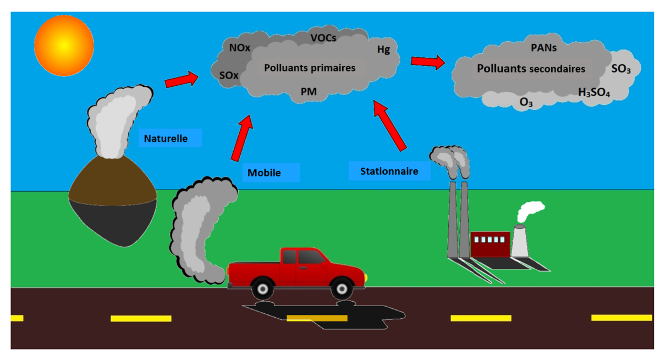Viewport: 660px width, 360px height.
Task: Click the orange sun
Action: pyautogui.click(x=63, y=45)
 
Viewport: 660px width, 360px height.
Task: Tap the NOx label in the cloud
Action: pyautogui.click(x=240, y=48)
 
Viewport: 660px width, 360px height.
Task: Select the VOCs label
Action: pyautogui.click(x=323, y=38)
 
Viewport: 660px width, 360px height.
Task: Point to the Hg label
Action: pyautogui.click(x=383, y=49)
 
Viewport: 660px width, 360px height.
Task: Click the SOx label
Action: pyautogui.click(x=229, y=76)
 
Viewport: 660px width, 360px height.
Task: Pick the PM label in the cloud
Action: pyautogui.click(x=309, y=91)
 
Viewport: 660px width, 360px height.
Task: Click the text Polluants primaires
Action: pyautogui.click(x=310, y=68)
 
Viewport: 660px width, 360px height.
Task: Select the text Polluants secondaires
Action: pyautogui.click(x=531, y=69)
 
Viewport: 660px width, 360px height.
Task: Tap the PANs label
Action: pyautogui.click(x=543, y=48)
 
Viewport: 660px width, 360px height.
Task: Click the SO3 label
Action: pyautogui.click(x=621, y=69)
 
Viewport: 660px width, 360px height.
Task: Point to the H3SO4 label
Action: pyautogui.click(x=594, y=93)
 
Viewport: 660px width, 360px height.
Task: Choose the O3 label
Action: pyautogui.click(x=526, y=102)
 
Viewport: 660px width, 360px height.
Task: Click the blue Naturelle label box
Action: pyautogui.click(x=170, y=138)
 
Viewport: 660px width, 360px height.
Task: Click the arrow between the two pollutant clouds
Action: pyautogui.click(x=428, y=62)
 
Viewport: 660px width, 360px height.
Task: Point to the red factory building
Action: pyautogui.click(x=490, y=244)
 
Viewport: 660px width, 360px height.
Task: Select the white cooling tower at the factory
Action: pyautogui.click(x=520, y=242)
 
